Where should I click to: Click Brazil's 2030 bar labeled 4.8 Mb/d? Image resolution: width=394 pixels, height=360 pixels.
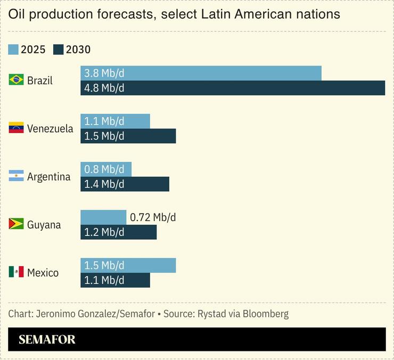(x=233, y=88)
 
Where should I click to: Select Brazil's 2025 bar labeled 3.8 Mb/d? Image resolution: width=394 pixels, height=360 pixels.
(x=201, y=73)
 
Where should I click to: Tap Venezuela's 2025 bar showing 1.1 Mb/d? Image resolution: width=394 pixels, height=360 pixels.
(x=115, y=121)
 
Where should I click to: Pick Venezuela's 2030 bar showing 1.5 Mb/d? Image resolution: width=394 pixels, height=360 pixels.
(x=128, y=136)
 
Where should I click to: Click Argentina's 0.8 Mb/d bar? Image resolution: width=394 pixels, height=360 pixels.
(x=106, y=169)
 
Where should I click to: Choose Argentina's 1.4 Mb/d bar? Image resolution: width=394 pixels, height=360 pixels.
(x=125, y=184)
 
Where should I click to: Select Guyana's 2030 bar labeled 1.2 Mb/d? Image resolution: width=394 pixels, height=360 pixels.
(x=118, y=232)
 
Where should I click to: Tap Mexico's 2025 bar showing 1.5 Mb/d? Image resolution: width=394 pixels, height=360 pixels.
(x=128, y=265)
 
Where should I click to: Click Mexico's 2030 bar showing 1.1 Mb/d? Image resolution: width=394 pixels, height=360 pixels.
(x=115, y=280)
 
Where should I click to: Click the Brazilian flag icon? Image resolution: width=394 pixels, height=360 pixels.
(x=16, y=80)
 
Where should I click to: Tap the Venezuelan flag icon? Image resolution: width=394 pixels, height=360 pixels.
(x=16, y=128)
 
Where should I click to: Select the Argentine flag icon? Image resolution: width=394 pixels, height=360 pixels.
(x=16, y=176)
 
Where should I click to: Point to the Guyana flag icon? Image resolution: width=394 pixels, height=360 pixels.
(x=16, y=224)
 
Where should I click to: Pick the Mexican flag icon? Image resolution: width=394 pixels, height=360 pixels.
(x=16, y=272)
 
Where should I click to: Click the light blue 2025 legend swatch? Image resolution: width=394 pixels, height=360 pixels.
(x=13, y=50)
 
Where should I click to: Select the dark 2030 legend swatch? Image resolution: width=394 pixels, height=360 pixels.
(x=59, y=50)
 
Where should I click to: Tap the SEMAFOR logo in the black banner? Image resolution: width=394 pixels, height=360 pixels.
(x=47, y=340)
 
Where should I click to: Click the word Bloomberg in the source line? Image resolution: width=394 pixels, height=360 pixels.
(x=266, y=314)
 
